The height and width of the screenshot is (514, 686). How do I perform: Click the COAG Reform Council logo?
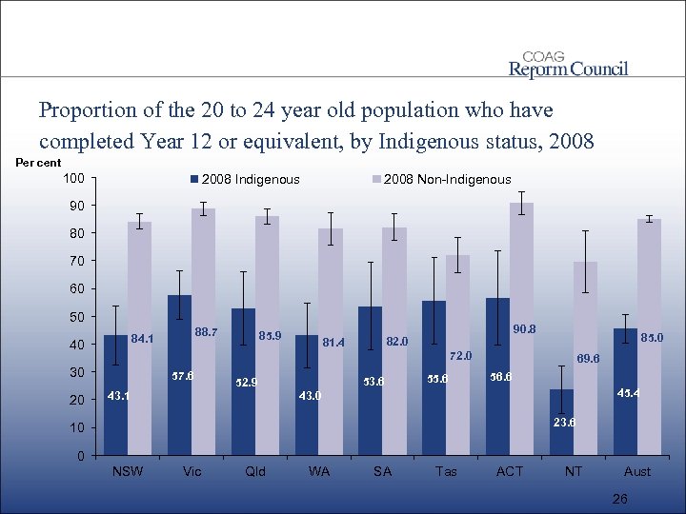tap(568, 64)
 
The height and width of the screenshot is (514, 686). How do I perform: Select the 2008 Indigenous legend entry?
tap(246, 179)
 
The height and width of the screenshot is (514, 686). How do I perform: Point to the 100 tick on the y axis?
tap(73, 178)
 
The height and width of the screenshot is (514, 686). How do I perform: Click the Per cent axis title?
tap(38, 163)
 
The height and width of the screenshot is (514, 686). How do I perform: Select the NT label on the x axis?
tap(574, 471)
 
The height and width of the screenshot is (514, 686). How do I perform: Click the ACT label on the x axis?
tap(510, 471)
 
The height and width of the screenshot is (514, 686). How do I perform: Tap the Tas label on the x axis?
tap(446, 471)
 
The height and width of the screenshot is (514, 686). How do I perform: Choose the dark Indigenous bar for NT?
tap(561, 423)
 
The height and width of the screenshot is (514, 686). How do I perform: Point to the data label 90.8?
tap(524, 329)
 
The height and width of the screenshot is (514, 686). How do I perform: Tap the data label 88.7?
tap(206, 332)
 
